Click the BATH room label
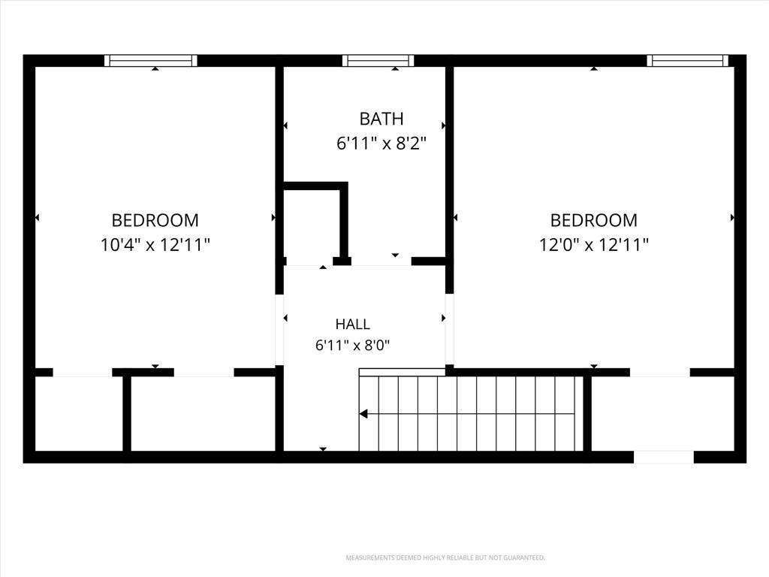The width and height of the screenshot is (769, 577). (381, 119)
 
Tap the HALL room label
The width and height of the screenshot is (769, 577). (353, 325)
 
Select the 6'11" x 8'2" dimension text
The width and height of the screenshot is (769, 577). (381, 143)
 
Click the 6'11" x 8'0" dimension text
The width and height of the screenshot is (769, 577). (353, 346)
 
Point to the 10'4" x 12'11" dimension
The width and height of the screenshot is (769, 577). (155, 244)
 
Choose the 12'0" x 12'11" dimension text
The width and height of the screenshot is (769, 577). (594, 244)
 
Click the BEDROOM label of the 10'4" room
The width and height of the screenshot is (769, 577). (155, 220)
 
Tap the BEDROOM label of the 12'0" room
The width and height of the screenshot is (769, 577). (594, 220)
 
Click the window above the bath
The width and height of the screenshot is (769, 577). (378, 60)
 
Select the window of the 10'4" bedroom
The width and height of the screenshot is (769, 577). (151, 60)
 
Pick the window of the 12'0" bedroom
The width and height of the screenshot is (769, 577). (688, 60)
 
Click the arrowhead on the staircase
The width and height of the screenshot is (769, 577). (363, 414)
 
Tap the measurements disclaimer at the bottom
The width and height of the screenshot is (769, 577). (445, 558)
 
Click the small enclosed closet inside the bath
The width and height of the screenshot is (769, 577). (312, 223)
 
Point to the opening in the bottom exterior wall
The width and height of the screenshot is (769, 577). (664, 457)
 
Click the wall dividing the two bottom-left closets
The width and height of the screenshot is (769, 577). (126, 413)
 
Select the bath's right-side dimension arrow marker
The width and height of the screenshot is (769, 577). (443, 125)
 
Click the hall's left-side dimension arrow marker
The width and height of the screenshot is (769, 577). (285, 318)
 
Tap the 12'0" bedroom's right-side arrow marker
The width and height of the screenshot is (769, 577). (732, 217)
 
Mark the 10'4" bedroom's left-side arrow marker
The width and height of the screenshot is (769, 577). (38, 217)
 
